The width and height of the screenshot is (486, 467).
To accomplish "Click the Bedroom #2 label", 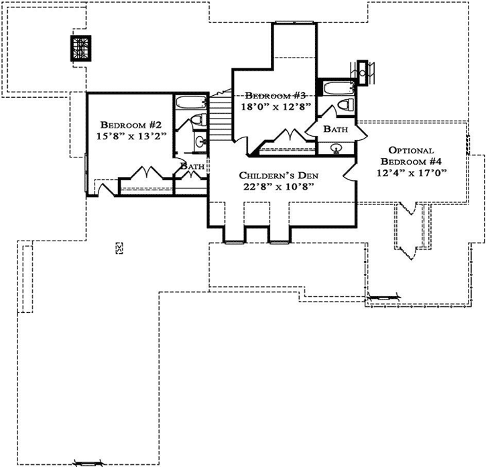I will tap(132, 125).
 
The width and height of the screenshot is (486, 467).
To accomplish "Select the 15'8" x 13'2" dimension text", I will tap(132, 136).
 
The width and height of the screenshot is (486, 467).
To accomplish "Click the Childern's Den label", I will tap(278, 176).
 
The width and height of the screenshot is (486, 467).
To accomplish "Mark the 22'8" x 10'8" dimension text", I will tap(278, 187).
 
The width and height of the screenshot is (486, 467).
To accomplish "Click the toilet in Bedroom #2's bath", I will tap(196, 120).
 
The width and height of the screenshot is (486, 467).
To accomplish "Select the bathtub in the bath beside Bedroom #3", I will tap(333, 88).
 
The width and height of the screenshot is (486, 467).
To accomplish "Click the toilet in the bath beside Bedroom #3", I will tap(346, 105).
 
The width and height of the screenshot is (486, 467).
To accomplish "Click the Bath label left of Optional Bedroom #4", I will tap(335, 128).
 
